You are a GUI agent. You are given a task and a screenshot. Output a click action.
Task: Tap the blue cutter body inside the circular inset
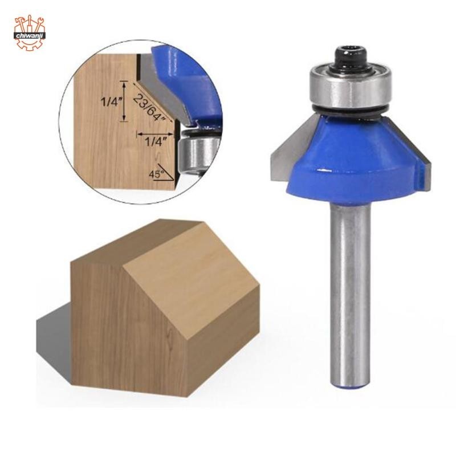click(188, 74)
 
